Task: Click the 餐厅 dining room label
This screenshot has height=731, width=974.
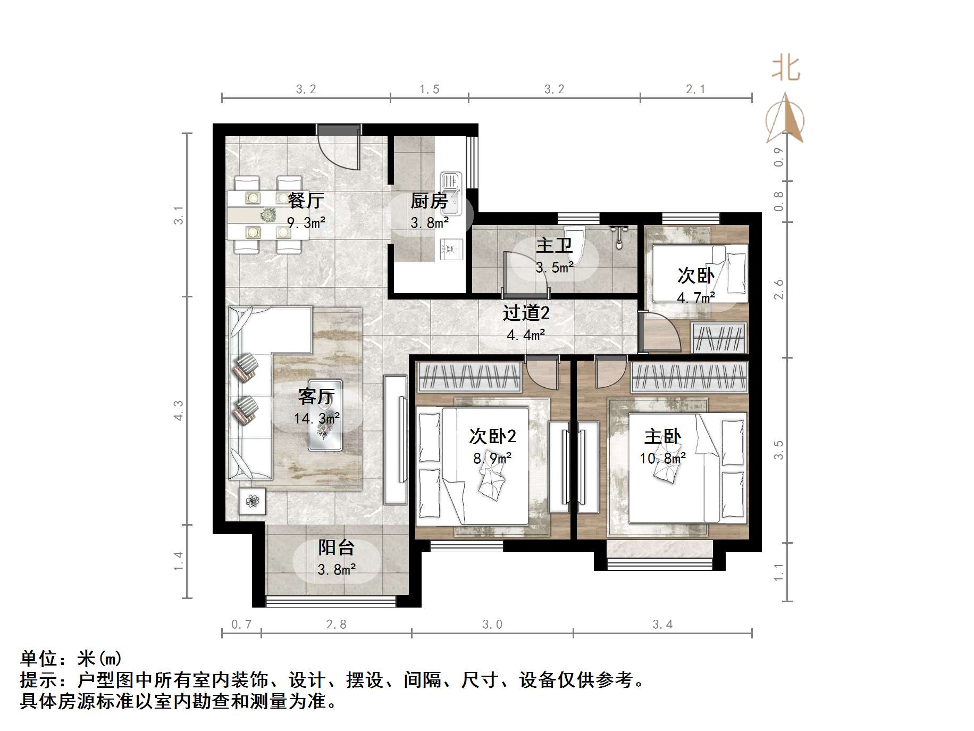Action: pos(306,201)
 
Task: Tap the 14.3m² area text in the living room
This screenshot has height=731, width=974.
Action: pos(317,419)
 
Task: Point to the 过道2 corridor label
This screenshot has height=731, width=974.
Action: pos(526,313)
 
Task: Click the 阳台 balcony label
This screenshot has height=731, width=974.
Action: pos(336,547)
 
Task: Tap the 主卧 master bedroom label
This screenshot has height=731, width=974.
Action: pos(662,437)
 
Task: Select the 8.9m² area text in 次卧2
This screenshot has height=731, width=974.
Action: pos(492,458)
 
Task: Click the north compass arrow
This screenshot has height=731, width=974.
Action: pos(785,119)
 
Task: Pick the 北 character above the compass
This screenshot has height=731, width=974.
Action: pos(786,69)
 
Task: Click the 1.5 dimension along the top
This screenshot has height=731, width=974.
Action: pos(430,89)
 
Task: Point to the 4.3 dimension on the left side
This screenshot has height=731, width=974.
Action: pos(179,410)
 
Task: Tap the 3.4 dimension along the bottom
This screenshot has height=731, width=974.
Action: pos(662,625)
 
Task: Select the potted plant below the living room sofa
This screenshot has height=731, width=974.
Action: pos(252,501)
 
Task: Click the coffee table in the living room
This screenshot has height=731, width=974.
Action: pos(326,416)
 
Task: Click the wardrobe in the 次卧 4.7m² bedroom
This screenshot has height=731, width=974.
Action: pos(719,338)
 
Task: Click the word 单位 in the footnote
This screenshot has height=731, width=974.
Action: pos(39,659)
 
